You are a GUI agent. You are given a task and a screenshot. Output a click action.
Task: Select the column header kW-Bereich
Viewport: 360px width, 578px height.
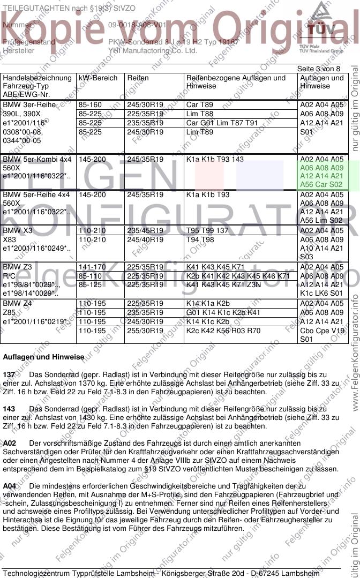point(98,78)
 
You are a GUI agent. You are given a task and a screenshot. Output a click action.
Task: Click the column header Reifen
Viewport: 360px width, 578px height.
point(138,78)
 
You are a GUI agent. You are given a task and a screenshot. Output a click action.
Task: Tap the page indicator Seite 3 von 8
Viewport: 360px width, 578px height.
point(319,69)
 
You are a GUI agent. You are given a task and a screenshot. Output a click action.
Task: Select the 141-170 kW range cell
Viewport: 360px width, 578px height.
point(92,267)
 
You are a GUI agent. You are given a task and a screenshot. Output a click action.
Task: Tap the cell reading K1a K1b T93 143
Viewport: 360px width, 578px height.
point(215,160)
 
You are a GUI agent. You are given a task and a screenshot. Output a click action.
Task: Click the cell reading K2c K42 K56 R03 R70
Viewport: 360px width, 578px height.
point(223,331)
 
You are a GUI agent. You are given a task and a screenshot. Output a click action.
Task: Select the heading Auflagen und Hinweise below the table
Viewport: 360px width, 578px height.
point(43,357)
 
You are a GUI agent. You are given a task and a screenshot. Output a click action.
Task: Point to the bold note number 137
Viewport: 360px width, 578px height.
point(9,374)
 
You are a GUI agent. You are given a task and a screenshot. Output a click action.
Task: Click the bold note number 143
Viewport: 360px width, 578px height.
point(9,409)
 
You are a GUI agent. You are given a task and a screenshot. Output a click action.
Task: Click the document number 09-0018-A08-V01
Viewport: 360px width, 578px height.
point(137,25)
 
